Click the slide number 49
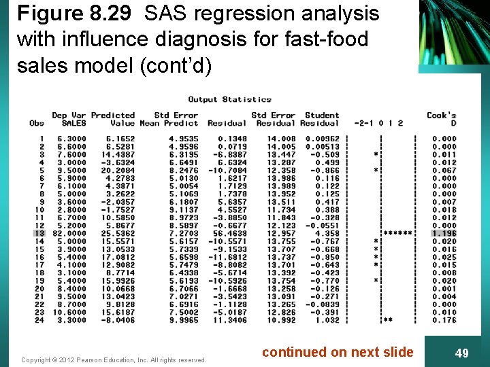[461, 353]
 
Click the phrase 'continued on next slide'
[338, 352]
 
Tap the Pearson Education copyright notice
[114, 360]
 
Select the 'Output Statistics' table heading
[229, 99]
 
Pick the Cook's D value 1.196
[444, 233]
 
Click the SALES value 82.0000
[71, 233]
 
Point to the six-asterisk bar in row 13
[397, 233]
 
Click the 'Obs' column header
[37, 123]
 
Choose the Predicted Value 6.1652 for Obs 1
[120, 139]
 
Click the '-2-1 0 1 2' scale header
[378, 123]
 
